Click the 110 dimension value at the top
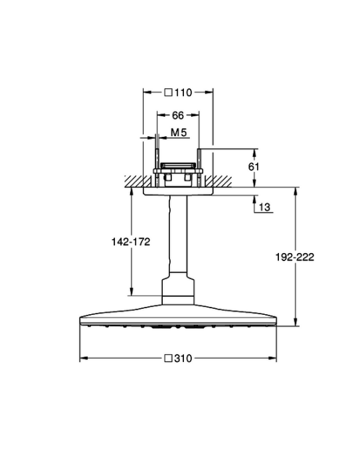click(183, 92)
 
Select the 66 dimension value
click(178, 116)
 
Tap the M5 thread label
click(179, 133)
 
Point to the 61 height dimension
click(254, 167)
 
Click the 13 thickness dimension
click(265, 207)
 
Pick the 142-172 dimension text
click(131, 242)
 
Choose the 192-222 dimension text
click(295, 257)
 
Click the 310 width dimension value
click(183, 359)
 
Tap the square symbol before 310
click(169, 359)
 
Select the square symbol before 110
click(169, 92)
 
